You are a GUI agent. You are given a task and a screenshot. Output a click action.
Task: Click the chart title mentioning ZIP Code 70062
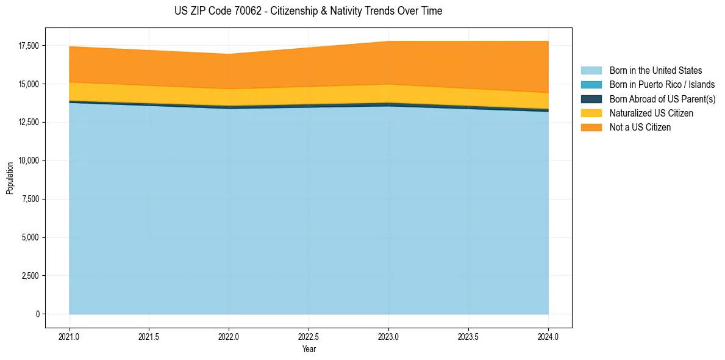coord(308,11)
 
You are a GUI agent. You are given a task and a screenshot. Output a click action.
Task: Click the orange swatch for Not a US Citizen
coord(591,128)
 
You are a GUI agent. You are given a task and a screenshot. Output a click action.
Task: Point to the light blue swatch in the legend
coord(591,71)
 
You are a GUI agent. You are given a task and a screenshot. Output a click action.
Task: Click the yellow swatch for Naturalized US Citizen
coord(591,113)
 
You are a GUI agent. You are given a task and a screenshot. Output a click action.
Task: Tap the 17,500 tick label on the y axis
coord(29,46)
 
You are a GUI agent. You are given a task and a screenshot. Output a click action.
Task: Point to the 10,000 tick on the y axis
coord(29,160)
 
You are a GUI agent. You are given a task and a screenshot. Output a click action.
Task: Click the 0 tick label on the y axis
coord(37,314)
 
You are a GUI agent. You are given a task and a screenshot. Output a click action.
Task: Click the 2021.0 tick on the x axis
coord(70,336)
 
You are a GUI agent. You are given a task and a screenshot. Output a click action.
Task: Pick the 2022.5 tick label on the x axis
coord(309,336)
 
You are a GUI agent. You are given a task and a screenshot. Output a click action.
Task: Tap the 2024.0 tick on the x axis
coord(548,336)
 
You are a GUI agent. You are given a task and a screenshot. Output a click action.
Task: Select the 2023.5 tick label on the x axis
coord(468,336)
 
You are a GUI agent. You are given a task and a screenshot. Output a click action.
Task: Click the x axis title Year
coord(309,350)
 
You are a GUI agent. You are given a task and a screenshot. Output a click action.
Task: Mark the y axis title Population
coord(10,178)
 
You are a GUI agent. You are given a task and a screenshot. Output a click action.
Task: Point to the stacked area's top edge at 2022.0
coord(229,54)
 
